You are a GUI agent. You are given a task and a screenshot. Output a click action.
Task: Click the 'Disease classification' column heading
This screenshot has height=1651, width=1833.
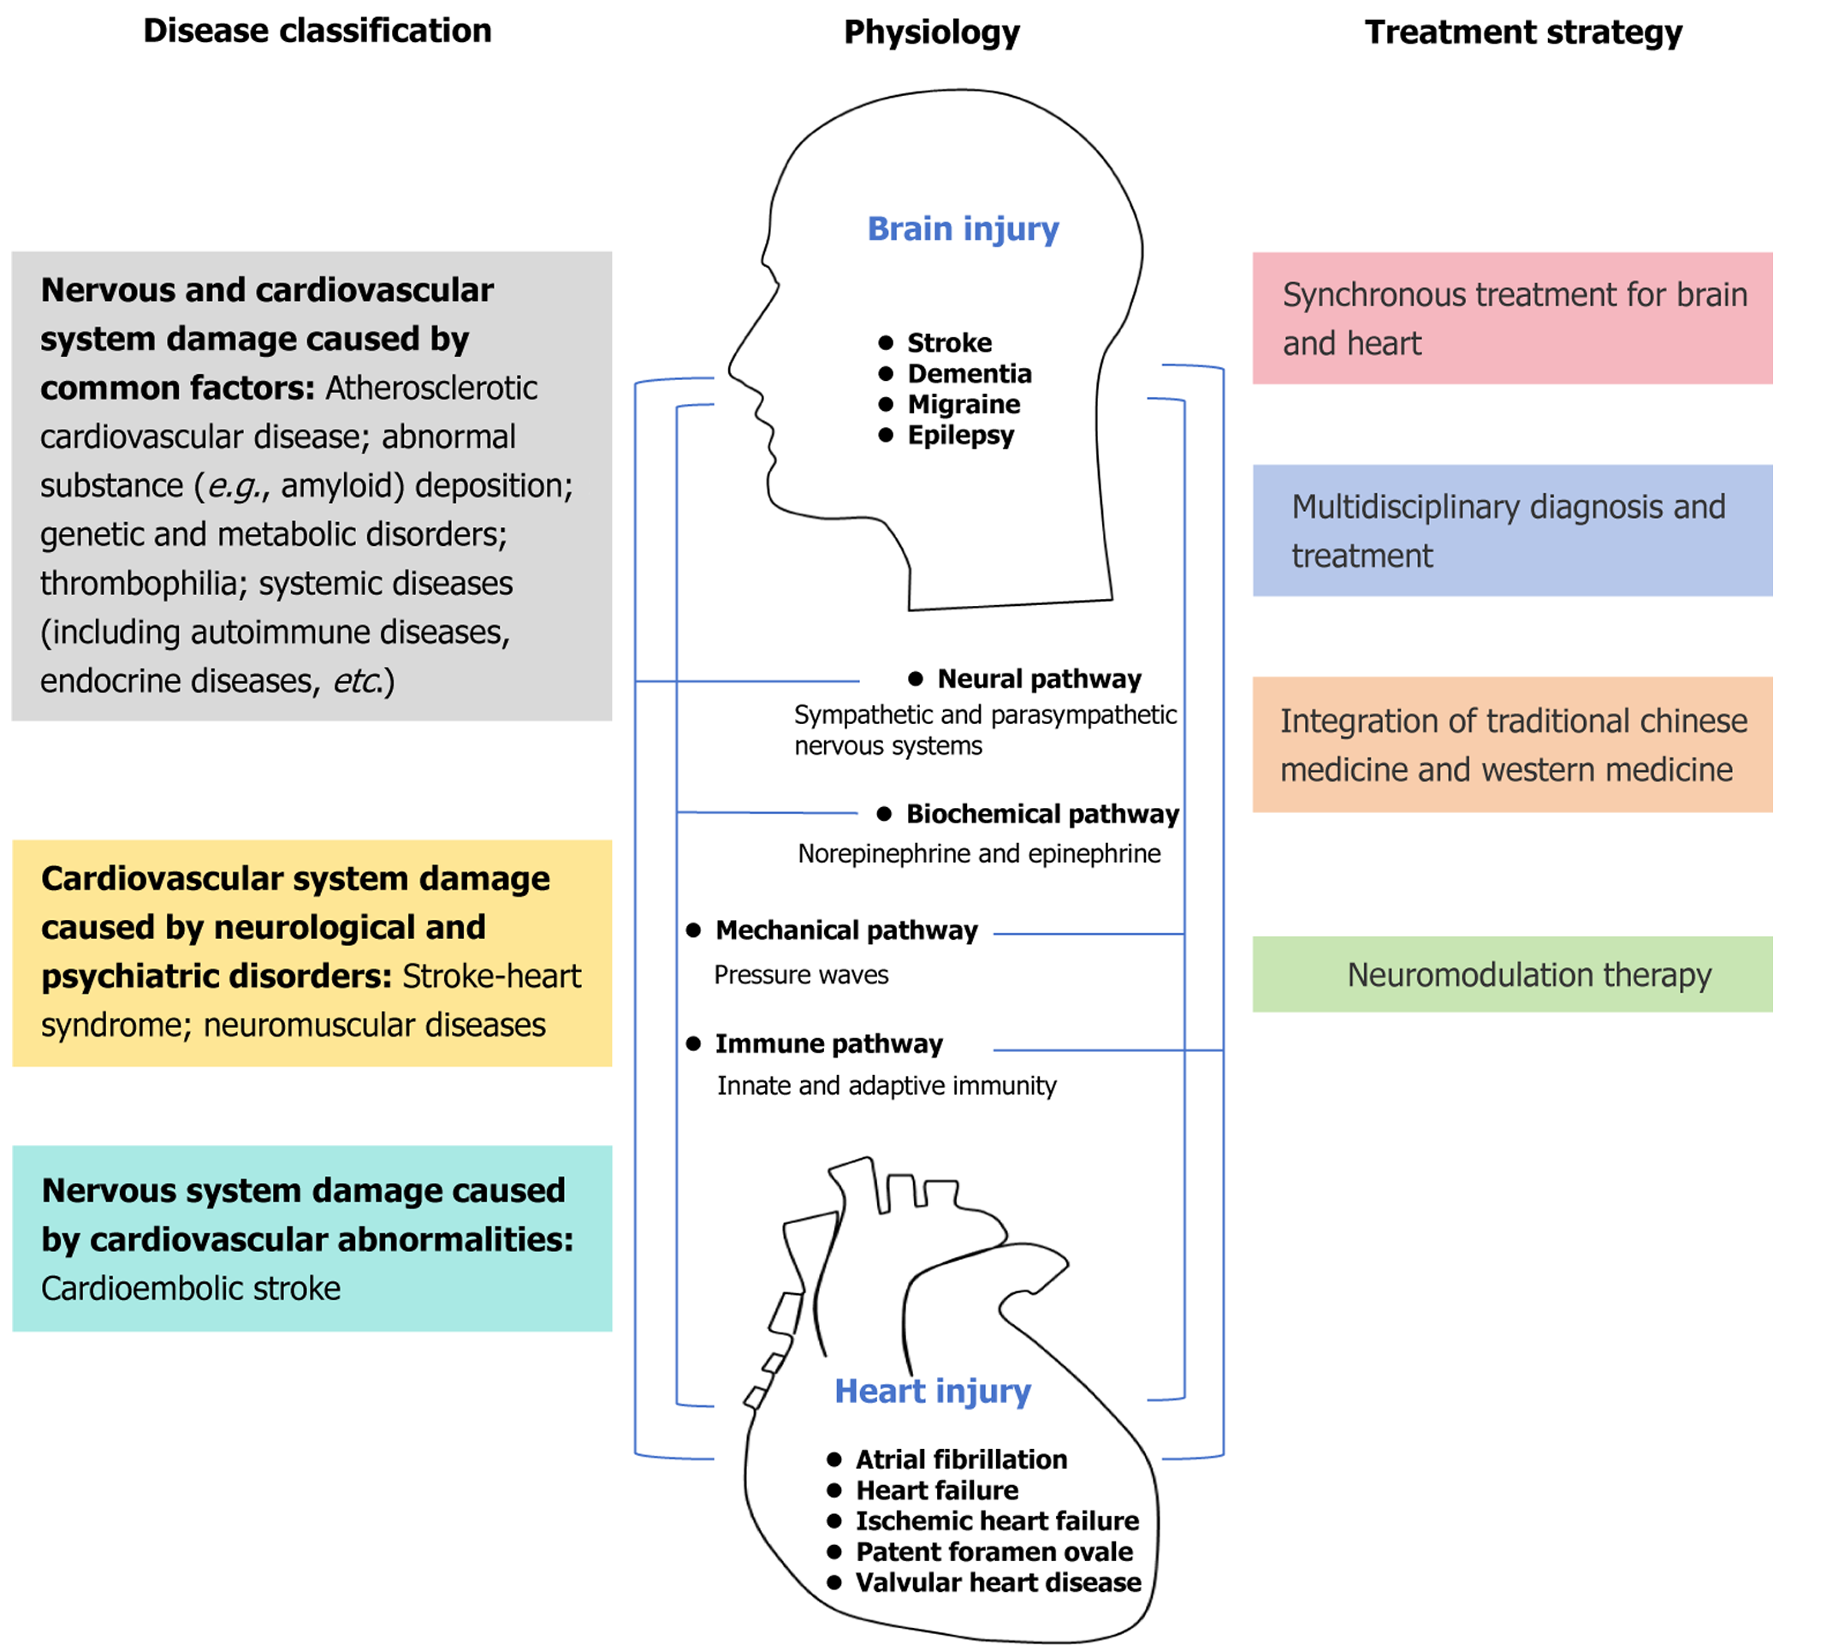(x=317, y=31)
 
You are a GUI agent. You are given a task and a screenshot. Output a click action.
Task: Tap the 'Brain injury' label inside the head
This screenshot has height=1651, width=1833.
(x=963, y=229)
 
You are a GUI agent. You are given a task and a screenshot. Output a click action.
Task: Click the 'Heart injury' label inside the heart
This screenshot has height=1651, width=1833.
(x=933, y=1391)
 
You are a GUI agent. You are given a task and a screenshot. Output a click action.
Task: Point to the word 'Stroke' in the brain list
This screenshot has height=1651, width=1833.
(x=949, y=343)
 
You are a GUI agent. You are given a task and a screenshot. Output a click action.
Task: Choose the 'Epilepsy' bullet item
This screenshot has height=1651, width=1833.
(x=959, y=436)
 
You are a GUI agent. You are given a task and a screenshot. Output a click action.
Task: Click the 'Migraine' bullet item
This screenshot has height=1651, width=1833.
(x=964, y=405)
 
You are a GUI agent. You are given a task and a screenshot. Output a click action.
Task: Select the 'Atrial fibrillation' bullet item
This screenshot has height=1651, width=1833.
(x=960, y=1458)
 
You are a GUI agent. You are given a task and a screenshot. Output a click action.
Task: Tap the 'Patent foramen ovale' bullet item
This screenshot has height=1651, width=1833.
(x=994, y=1551)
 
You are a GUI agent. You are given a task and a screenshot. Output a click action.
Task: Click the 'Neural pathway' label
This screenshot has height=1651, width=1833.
(x=1039, y=679)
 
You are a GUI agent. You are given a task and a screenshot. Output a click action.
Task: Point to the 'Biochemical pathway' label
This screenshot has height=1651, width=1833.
(x=1042, y=814)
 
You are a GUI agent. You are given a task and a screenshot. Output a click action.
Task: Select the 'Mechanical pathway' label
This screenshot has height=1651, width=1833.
(x=846, y=929)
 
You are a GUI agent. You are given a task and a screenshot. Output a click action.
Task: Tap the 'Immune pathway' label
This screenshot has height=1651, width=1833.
(x=828, y=1043)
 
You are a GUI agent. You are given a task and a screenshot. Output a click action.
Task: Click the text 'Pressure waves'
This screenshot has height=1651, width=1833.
(x=801, y=975)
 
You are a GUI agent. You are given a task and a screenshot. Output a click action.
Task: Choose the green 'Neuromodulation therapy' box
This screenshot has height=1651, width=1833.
(x=1512, y=974)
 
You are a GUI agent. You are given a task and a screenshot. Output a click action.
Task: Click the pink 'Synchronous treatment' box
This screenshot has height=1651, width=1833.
(x=1512, y=318)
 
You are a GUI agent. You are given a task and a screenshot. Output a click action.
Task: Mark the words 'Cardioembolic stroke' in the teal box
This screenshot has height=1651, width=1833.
(x=191, y=1288)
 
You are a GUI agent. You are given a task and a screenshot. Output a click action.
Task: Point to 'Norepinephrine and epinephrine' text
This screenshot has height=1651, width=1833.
(x=979, y=853)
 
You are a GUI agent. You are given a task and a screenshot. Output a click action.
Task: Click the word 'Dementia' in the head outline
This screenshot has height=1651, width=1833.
(x=969, y=374)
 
